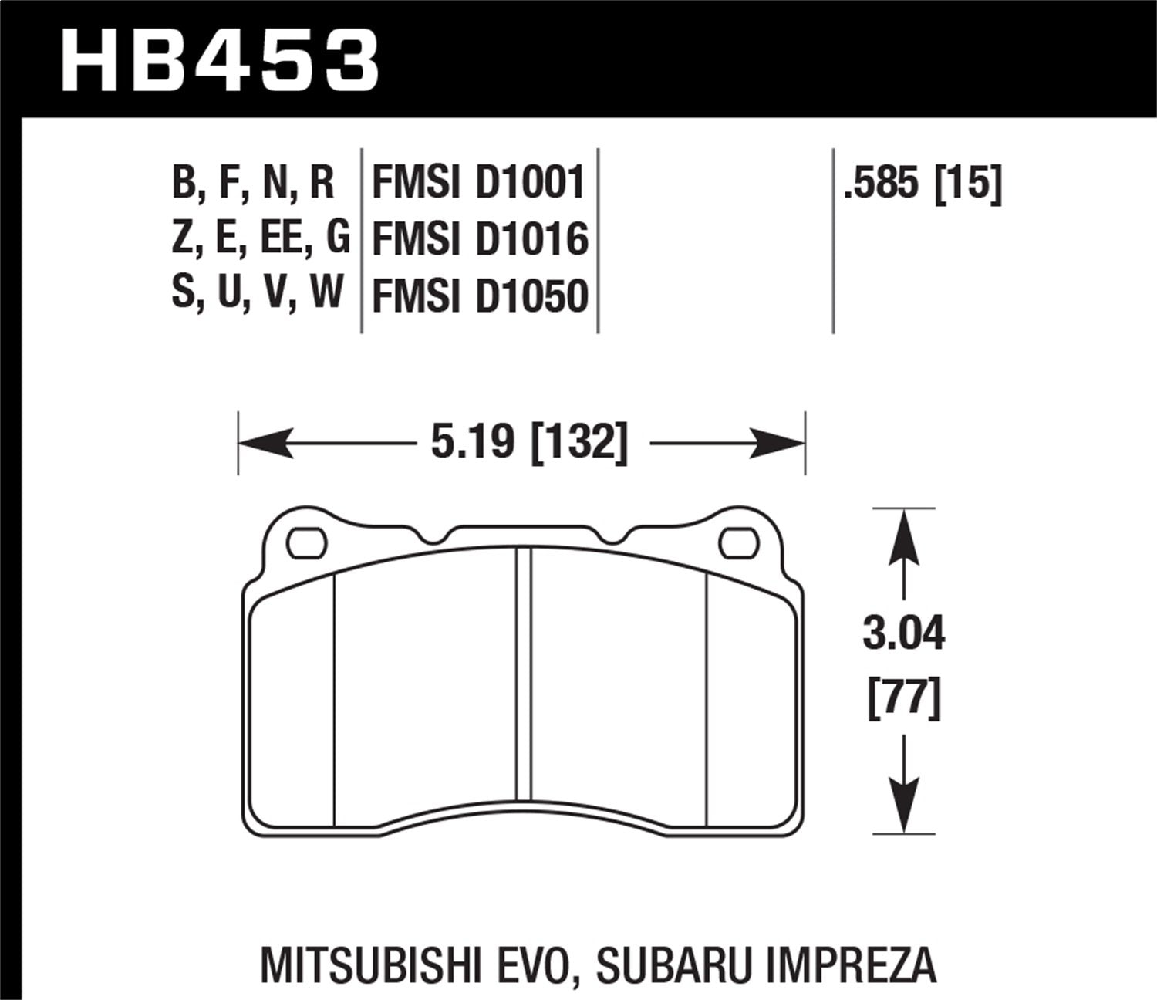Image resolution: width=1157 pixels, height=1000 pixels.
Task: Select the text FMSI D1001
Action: tap(479, 184)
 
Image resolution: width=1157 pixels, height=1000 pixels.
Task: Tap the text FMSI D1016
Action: tap(480, 239)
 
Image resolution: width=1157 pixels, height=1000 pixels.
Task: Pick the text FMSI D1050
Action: tap(480, 296)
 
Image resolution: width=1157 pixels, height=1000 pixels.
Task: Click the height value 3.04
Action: tap(903, 636)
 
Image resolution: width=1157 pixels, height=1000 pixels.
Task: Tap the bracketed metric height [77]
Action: tap(904, 699)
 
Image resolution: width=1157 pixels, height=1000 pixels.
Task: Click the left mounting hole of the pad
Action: tap(307, 543)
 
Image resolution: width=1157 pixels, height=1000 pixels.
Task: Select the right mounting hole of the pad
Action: tap(739, 543)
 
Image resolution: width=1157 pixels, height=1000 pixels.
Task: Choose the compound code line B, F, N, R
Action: tap(253, 184)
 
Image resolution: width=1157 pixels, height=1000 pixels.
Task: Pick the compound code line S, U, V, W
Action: tap(257, 293)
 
